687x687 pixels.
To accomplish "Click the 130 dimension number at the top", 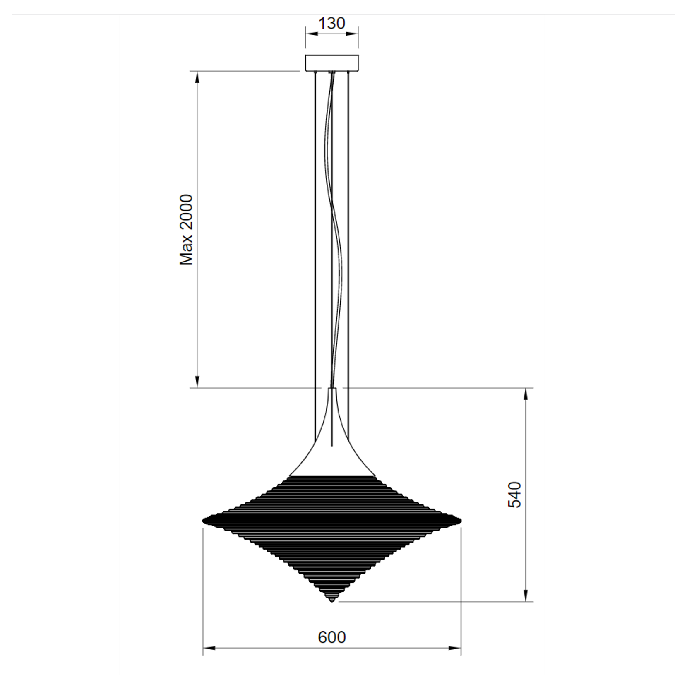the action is click(x=331, y=23).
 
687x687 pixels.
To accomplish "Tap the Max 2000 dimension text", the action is click(x=187, y=230).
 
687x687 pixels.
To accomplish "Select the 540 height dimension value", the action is click(x=514, y=495).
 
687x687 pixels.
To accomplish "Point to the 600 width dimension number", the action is click(x=331, y=637).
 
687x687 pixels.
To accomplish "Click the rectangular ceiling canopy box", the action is click(x=332, y=63).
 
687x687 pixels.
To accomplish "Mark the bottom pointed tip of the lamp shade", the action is click(x=332, y=601).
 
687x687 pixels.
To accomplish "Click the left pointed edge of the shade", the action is click(x=203, y=520).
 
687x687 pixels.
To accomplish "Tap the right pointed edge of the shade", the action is click(x=460, y=520).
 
